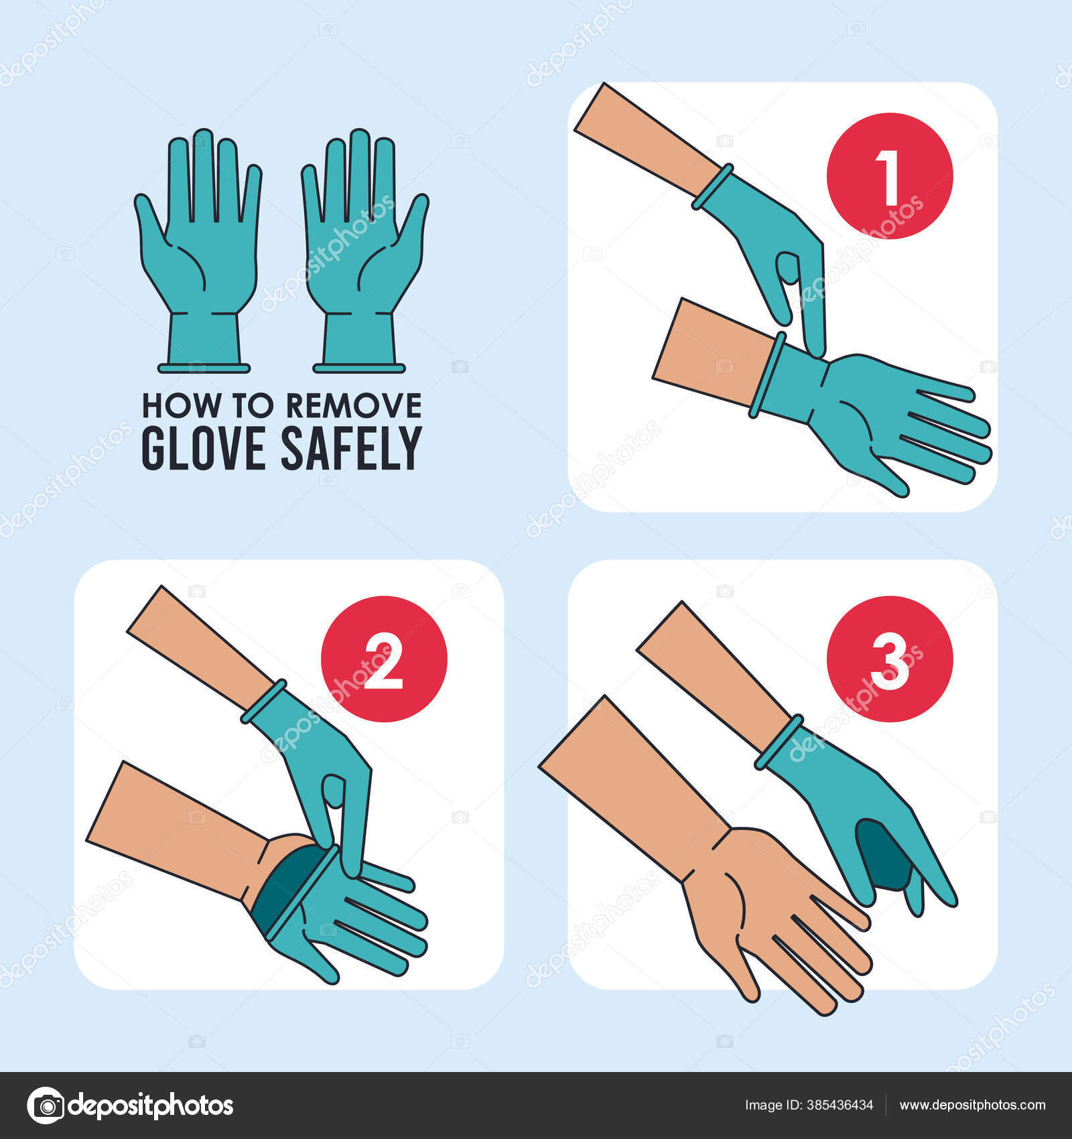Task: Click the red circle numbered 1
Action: pos(889,176)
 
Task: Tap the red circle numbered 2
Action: pos(384,659)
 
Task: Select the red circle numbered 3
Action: pos(889,659)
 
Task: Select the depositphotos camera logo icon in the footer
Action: pos(46,1105)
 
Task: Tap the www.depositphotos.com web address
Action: pos(972,1105)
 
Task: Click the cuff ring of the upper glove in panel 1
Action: pos(712,186)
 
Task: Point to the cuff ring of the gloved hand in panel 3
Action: pos(779,742)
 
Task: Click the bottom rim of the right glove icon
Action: pos(359,368)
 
